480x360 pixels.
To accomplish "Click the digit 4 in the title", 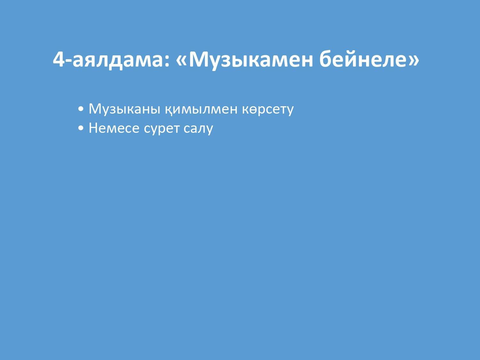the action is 59,59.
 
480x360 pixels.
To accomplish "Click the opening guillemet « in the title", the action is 181,61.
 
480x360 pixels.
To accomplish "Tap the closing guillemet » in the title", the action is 414,61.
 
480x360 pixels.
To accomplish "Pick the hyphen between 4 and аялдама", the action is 68,61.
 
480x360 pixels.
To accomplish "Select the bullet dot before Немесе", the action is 81,128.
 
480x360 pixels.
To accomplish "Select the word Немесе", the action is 114,128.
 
